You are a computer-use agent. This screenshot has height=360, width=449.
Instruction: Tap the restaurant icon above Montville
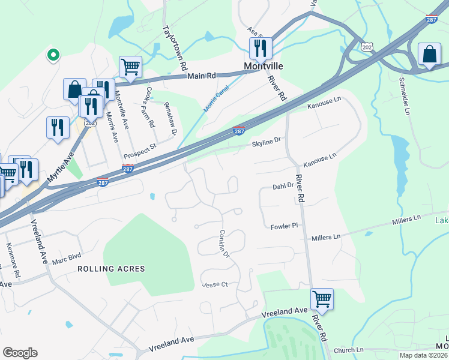click(261, 47)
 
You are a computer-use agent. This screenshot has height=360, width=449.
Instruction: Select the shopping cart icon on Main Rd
click(130, 67)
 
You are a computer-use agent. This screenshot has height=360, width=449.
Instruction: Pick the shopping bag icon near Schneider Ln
click(430, 55)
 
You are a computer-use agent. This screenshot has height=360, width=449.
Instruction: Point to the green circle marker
click(53, 55)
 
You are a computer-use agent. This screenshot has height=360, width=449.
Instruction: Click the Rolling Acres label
click(111, 269)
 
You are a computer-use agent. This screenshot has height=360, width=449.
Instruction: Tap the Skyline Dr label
click(267, 142)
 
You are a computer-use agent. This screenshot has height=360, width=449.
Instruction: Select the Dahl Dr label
click(283, 187)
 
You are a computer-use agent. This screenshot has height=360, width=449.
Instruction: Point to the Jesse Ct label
click(216, 284)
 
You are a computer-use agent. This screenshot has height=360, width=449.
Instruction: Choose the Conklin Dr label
click(224, 244)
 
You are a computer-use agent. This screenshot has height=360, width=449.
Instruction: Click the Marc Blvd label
click(66, 261)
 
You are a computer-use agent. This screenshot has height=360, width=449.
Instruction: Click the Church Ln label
click(349, 350)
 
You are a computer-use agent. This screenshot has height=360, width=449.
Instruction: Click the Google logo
click(20, 352)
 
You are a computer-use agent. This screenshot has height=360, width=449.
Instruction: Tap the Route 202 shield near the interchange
click(367, 46)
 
